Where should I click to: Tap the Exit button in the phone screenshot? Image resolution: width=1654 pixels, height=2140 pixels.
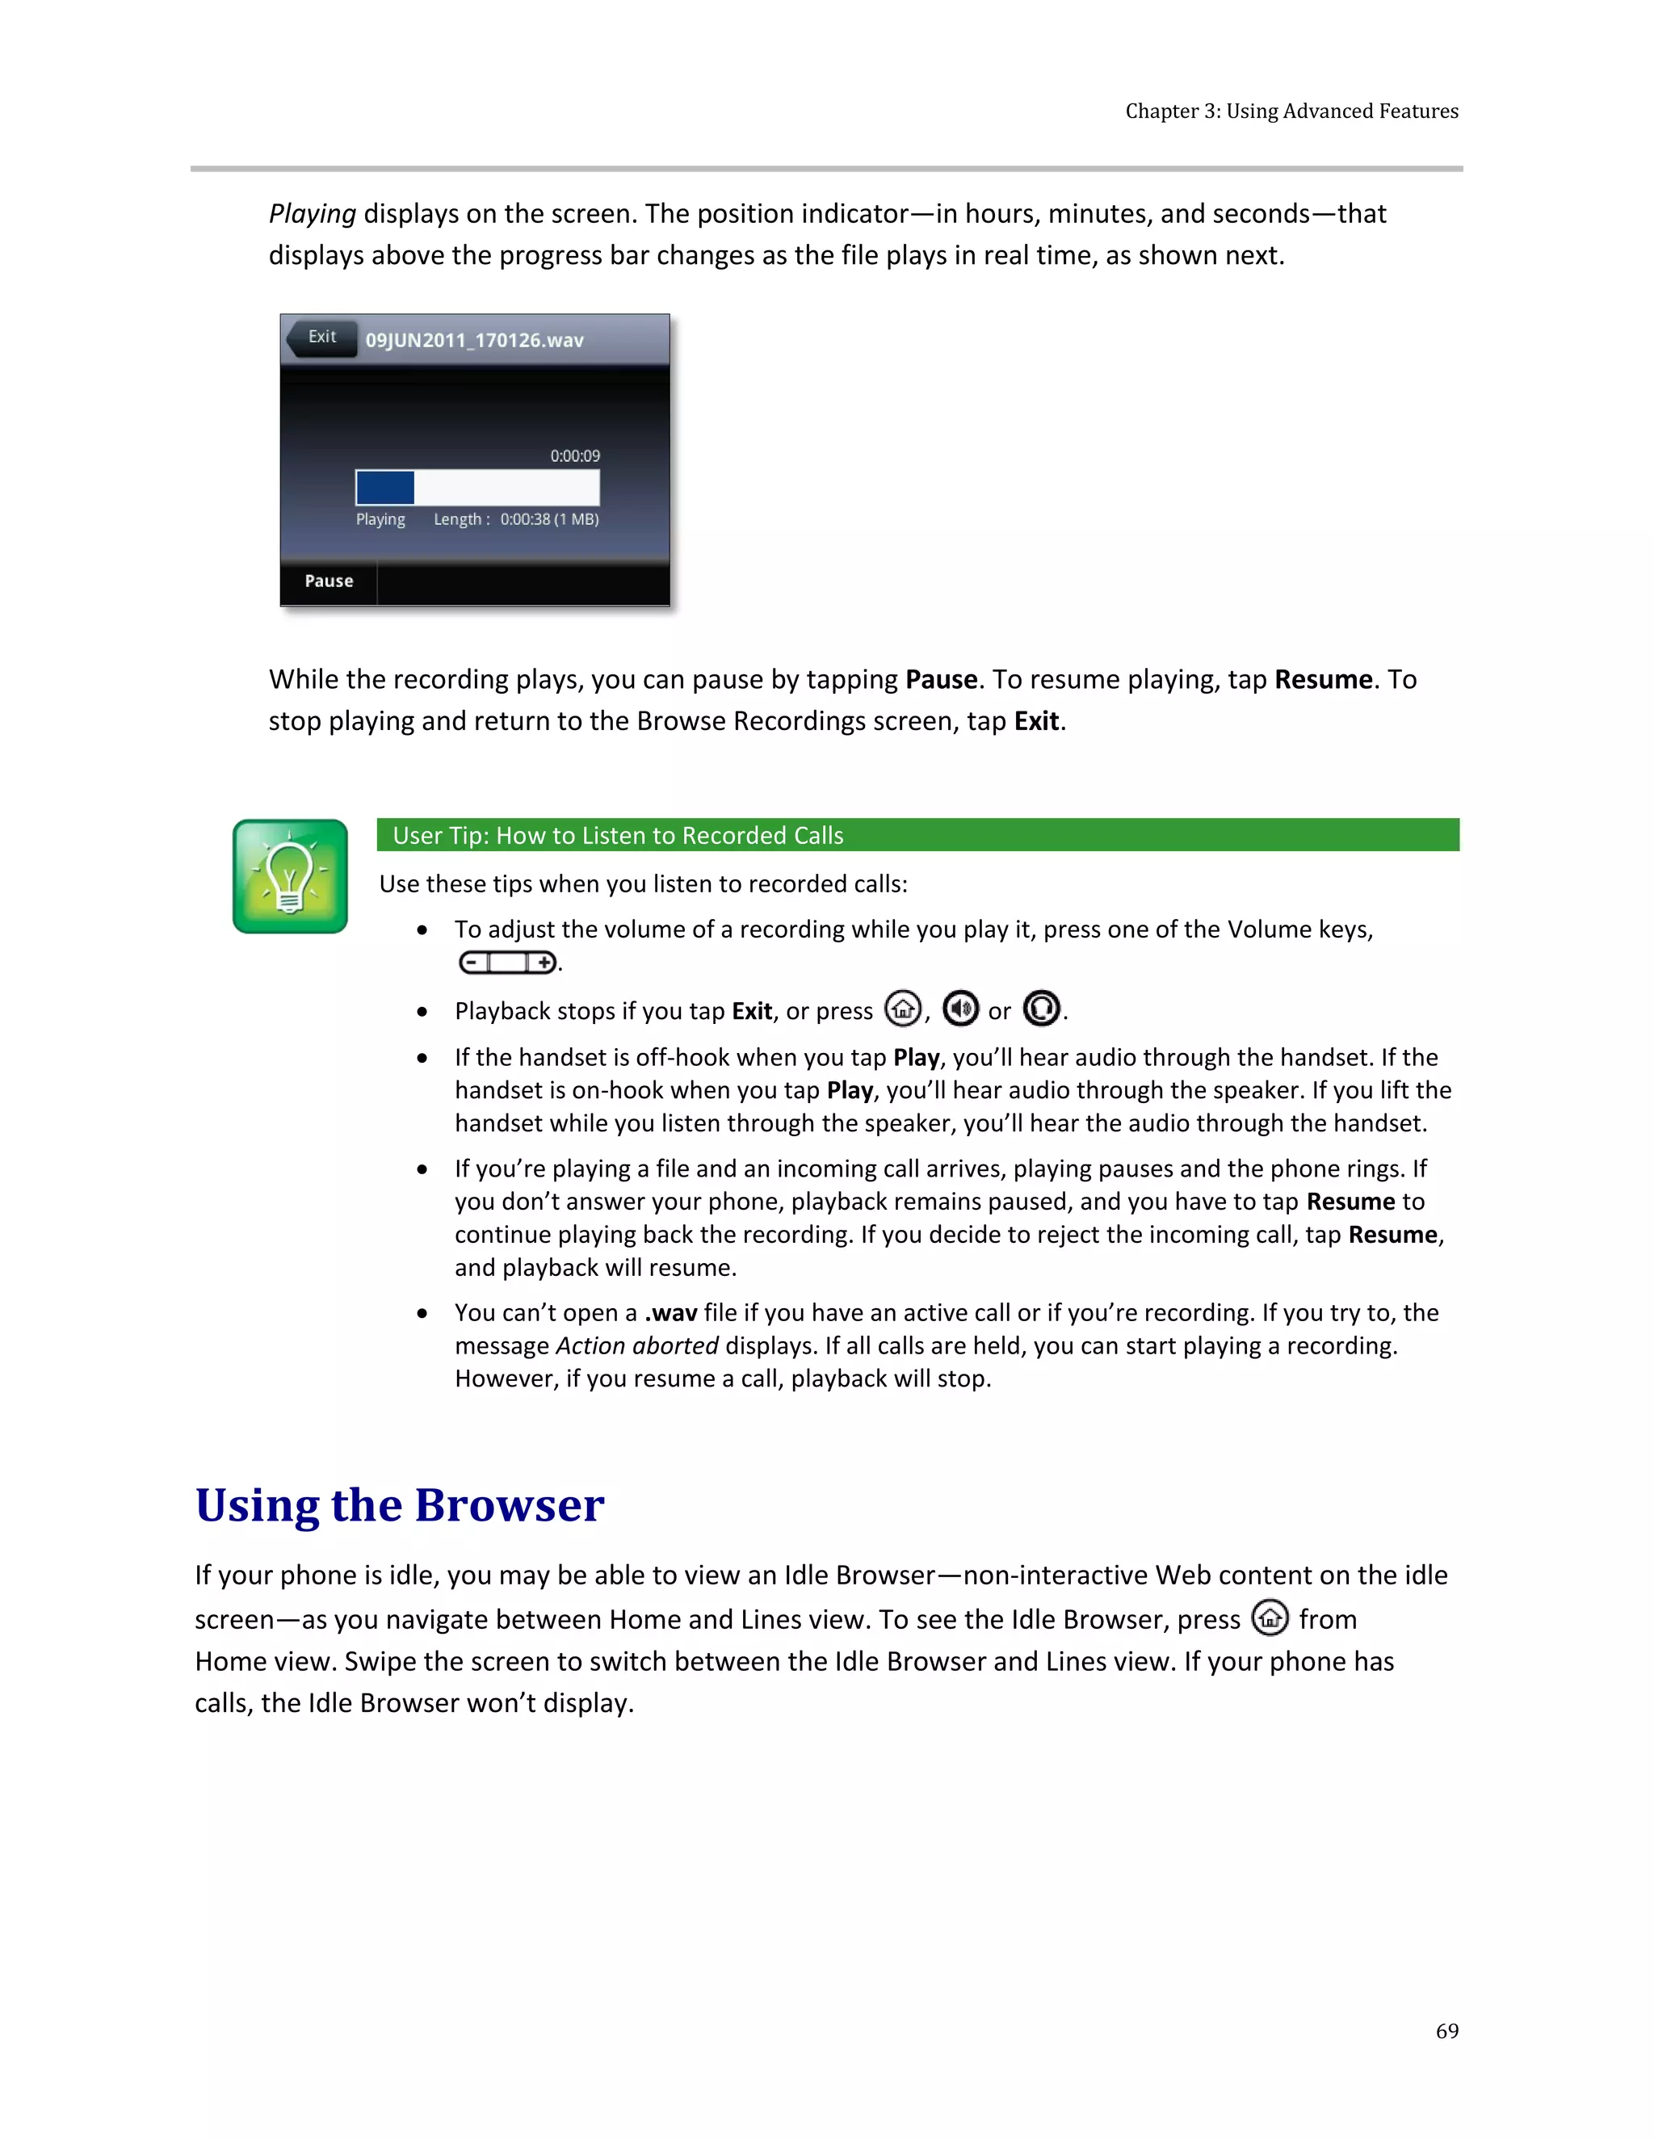click(321, 337)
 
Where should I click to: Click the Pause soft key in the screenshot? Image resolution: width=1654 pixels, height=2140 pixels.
click(328, 581)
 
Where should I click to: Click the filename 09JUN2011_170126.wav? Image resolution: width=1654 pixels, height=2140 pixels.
click(474, 340)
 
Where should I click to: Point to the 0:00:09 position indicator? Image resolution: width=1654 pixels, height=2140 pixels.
click(574, 455)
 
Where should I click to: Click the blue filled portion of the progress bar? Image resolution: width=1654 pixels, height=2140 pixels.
click(384, 487)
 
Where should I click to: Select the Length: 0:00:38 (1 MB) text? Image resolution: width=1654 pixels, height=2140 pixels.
click(516, 519)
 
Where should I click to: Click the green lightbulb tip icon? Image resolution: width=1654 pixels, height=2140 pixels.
click(290, 876)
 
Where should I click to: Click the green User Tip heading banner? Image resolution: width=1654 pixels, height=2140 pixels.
click(917, 835)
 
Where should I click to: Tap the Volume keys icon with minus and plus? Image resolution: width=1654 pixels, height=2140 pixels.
click(507, 963)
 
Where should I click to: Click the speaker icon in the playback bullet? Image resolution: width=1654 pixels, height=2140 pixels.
click(960, 1009)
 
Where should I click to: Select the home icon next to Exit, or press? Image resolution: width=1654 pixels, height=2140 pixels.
click(902, 1009)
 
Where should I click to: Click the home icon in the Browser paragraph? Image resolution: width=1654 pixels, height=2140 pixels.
click(1270, 1618)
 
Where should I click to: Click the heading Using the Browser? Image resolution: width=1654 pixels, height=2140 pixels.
click(399, 1505)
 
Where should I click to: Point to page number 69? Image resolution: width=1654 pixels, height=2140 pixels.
click(1446, 2031)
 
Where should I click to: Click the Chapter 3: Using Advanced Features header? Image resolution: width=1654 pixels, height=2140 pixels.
click(1291, 111)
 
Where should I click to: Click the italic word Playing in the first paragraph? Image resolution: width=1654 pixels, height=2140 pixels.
click(312, 214)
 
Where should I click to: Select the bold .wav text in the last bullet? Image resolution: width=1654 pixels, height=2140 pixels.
click(670, 1313)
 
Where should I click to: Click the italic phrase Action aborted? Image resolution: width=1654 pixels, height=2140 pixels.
click(637, 1346)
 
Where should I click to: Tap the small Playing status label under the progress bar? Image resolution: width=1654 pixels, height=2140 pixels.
click(380, 519)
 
